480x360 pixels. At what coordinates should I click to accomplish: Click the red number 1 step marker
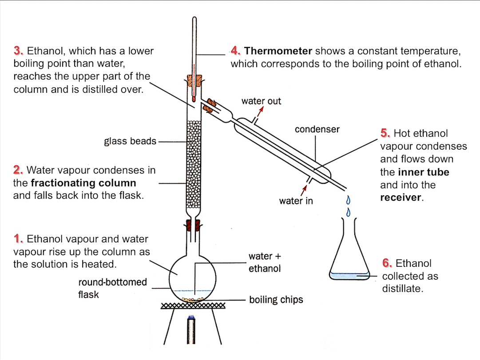point(19,239)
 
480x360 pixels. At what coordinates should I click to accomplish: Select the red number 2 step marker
point(18,170)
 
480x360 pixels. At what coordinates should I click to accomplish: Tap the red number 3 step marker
point(18,51)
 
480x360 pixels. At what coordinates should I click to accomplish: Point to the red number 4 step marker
point(235,51)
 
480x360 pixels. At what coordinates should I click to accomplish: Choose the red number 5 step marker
point(385,133)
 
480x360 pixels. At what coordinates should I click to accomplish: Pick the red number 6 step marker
point(387,263)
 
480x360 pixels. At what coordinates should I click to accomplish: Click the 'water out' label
point(261,101)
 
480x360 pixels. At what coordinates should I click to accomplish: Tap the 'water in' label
point(296,201)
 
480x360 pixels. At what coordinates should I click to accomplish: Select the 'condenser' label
point(317,130)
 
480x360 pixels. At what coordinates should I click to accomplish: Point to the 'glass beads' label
point(130,142)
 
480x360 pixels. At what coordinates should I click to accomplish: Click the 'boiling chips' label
point(276,300)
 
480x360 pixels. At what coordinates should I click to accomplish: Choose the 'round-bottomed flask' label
point(112,288)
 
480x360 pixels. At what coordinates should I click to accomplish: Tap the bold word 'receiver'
point(400,198)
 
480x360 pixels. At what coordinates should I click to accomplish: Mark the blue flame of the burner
point(192,317)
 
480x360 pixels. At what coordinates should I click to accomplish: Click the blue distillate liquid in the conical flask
point(349,276)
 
